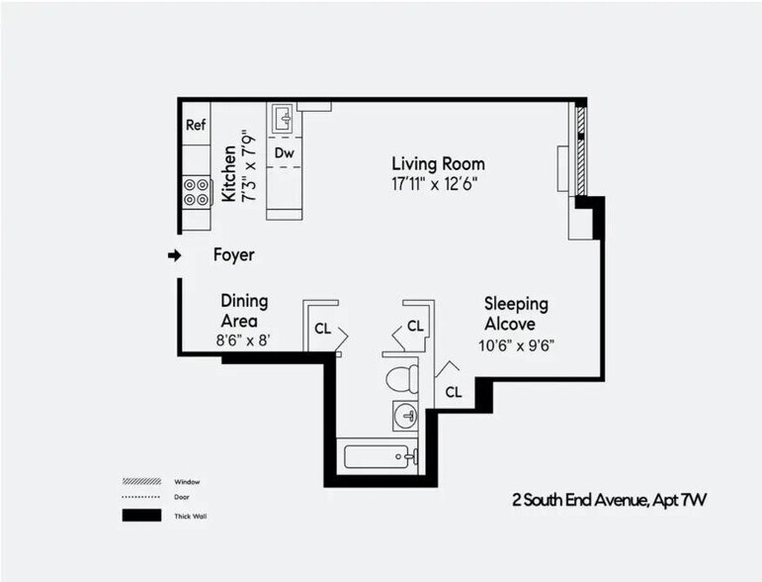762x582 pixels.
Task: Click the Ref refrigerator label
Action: (x=196, y=125)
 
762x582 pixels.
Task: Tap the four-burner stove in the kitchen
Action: (x=196, y=191)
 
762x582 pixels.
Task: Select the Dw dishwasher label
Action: (x=284, y=152)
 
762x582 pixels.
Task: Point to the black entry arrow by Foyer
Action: (x=175, y=255)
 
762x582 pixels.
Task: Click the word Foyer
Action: (x=234, y=255)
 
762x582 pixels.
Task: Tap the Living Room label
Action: (x=438, y=163)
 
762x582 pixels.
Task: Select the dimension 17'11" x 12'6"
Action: (x=438, y=183)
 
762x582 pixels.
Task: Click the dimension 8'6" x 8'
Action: (x=243, y=340)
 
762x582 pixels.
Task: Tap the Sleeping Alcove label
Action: (x=515, y=314)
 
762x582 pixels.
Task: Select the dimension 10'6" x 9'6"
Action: (x=515, y=345)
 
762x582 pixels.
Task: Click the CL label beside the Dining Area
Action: (x=322, y=329)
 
